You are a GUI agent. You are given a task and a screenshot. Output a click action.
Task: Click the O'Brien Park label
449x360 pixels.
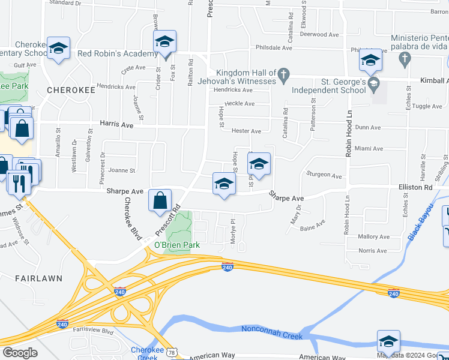tap(176, 245)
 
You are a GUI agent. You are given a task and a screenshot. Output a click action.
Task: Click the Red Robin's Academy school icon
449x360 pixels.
tap(164, 43)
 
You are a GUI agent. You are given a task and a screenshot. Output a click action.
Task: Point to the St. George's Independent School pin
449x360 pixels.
tap(374, 82)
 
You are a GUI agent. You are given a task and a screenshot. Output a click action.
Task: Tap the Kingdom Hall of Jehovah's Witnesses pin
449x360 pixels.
tap(285, 76)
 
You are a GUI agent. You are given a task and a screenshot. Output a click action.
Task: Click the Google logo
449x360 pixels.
tap(20, 353)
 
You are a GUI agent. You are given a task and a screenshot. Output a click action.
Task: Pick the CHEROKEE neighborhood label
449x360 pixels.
tap(71, 90)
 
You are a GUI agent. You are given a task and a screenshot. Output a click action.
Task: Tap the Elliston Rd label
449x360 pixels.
tap(415, 187)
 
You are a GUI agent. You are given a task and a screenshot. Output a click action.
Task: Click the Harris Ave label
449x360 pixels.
tap(116, 126)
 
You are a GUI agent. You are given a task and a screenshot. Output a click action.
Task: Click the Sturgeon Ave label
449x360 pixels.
tap(324, 176)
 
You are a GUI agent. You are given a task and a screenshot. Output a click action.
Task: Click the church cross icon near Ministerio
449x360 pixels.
tap(405, 58)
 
